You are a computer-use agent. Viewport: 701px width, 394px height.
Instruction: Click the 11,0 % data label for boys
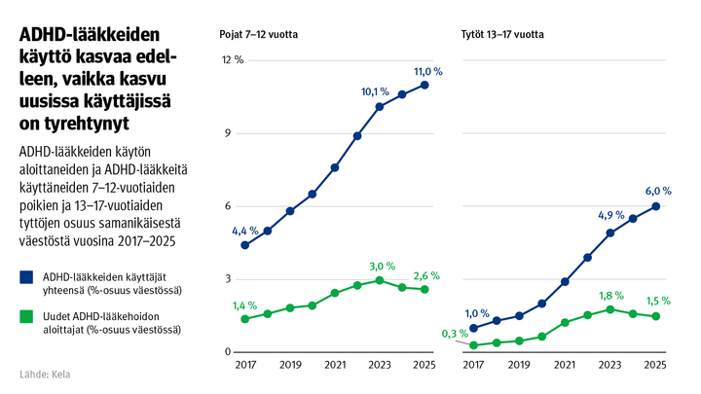coord(428,71)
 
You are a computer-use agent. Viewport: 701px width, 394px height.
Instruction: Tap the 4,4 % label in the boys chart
coord(245,231)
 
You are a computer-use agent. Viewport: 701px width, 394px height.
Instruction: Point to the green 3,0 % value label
coord(383,266)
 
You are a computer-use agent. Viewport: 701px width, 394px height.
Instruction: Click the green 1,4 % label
coord(245,305)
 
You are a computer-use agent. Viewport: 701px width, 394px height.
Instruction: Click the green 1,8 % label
coord(610,295)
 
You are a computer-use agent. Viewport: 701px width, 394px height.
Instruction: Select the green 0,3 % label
coord(454,334)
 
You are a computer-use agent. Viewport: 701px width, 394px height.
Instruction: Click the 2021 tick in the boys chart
coord(334,365)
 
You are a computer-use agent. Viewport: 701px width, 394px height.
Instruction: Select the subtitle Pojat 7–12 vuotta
coord(258,34)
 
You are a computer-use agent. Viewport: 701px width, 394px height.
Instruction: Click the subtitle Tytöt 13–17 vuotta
coord(502,34)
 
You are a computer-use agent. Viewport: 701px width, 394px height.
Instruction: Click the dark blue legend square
coord(27,277)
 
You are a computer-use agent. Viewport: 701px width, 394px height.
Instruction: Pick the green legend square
coord(27,317)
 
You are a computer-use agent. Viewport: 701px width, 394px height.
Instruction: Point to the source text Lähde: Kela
coord(45,374)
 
